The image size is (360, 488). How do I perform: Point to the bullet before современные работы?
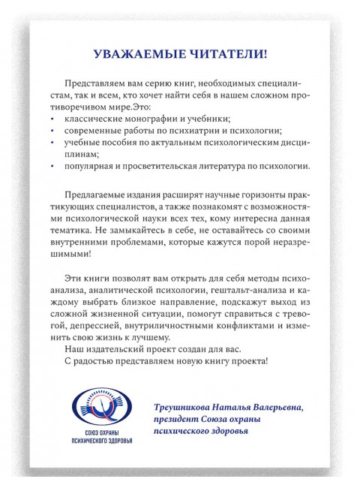(53, 131)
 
